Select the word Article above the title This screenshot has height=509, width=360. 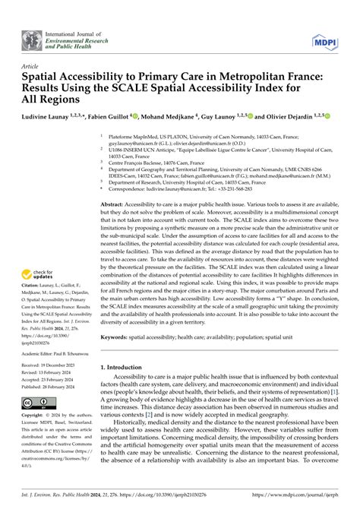click(33, 66)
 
